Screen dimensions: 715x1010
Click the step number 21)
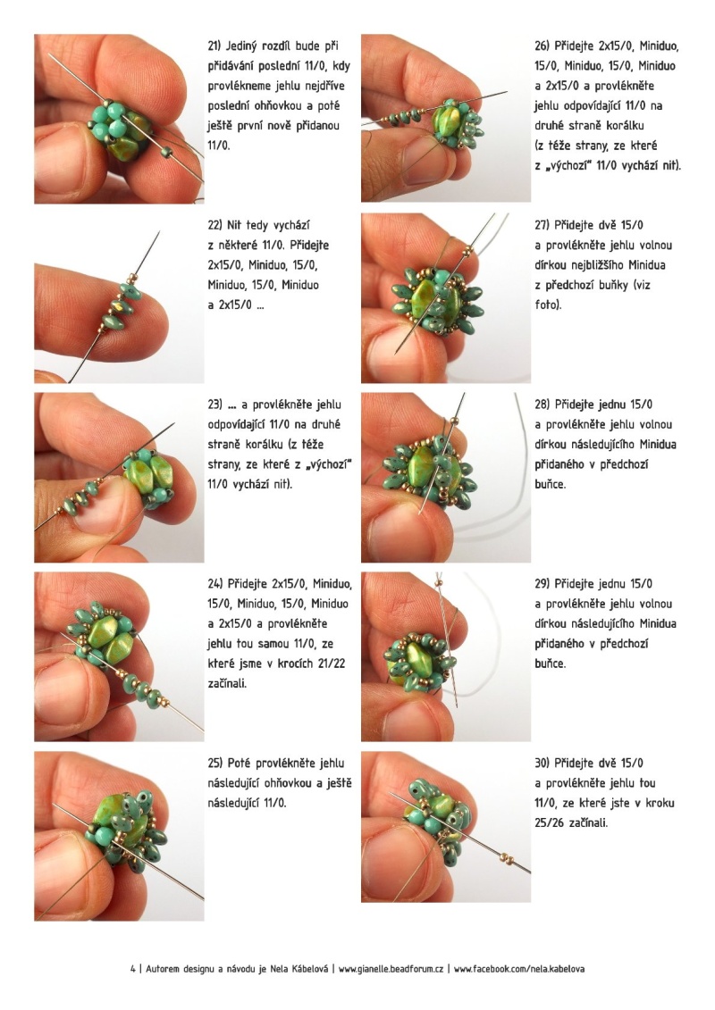point(214,46)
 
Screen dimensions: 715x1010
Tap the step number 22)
point(214,225)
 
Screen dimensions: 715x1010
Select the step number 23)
point(214,405)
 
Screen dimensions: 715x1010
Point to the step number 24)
point(215,584)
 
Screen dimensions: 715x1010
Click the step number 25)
point(215,764)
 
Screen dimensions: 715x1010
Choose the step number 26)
point(542,46)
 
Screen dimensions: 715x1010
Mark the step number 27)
point(542,225)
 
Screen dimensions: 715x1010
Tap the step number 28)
point(543,405)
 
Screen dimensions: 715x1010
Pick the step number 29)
point(543,584)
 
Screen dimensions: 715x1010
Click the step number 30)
point(543,764)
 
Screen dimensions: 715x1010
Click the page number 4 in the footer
point(133,969)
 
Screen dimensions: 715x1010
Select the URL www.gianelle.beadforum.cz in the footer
point(391,969)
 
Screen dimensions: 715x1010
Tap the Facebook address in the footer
point(519,969)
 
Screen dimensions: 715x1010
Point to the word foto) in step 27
point(547,305)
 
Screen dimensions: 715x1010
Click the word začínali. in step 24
point(227,683)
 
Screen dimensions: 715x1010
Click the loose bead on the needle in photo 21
point(167,152)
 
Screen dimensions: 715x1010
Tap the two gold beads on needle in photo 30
point(508,858)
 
